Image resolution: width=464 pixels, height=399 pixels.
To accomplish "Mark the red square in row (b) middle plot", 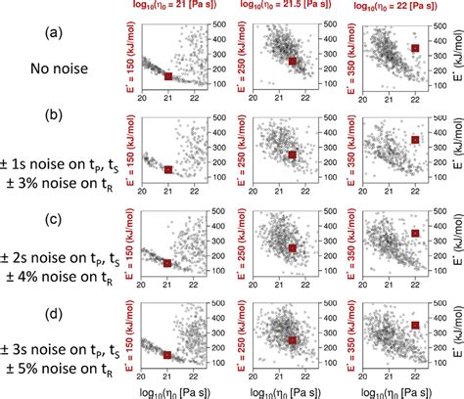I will (x=292, y=155).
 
